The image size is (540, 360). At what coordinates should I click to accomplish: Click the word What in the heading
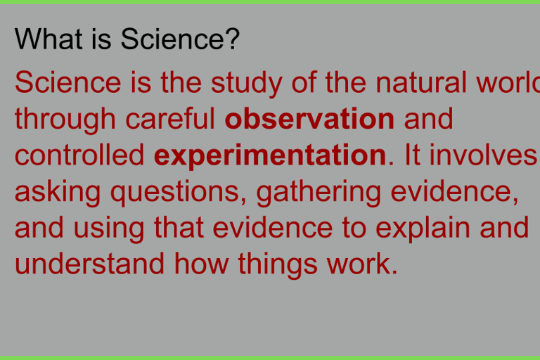coord(49,39)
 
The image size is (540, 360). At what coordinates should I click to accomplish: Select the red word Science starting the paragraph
coord(68,82)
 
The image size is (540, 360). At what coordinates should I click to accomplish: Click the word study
coord(247,84)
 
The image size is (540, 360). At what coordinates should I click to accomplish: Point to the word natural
coord(421,82)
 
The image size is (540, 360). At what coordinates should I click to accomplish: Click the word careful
coord(170,118)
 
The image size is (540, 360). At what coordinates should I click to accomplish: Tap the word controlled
coord(79,155)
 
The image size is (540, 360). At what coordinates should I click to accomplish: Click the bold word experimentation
coord(270,157)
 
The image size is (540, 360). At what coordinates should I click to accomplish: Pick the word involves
coord(483,155)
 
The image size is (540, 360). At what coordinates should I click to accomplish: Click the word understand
coord(89,264)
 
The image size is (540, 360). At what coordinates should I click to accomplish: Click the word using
coord(109,230)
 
